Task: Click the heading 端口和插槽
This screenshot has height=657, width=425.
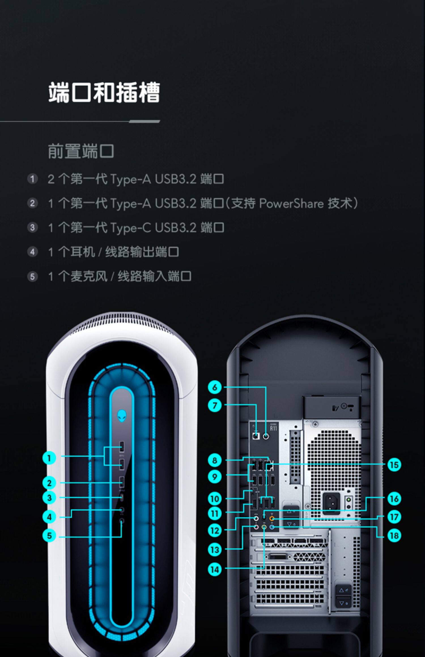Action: (x=104, y=93)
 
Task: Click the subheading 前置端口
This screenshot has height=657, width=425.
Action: (x=81, y=151)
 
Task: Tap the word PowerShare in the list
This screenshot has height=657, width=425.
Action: (x=291, y=203)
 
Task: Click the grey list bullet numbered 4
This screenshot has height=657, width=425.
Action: (x=32, y=252)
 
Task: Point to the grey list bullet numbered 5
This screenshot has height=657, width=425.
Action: (x=32, y=276)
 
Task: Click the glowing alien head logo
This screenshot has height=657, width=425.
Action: (x=122, y=416)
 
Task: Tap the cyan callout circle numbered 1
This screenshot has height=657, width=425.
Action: (x=49, y=458)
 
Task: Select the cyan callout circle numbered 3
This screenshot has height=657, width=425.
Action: (x=49, y=497)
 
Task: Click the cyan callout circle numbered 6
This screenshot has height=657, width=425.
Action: (x=215, y=387)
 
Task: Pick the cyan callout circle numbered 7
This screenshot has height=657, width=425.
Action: (x=215, y=405)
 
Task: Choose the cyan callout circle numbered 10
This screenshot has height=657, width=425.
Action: (x=215, y=499)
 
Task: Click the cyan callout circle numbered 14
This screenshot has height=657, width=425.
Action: (x=215, y=569)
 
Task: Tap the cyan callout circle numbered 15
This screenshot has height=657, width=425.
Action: (x=394, y=465)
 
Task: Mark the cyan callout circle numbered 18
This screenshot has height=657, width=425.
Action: (x=394, y=535)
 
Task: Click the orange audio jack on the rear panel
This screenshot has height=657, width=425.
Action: (x=272, y=519)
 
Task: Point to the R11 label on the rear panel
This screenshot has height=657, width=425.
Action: (x=273, y=428)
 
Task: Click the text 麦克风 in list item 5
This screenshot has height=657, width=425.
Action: (x=89, y=276)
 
